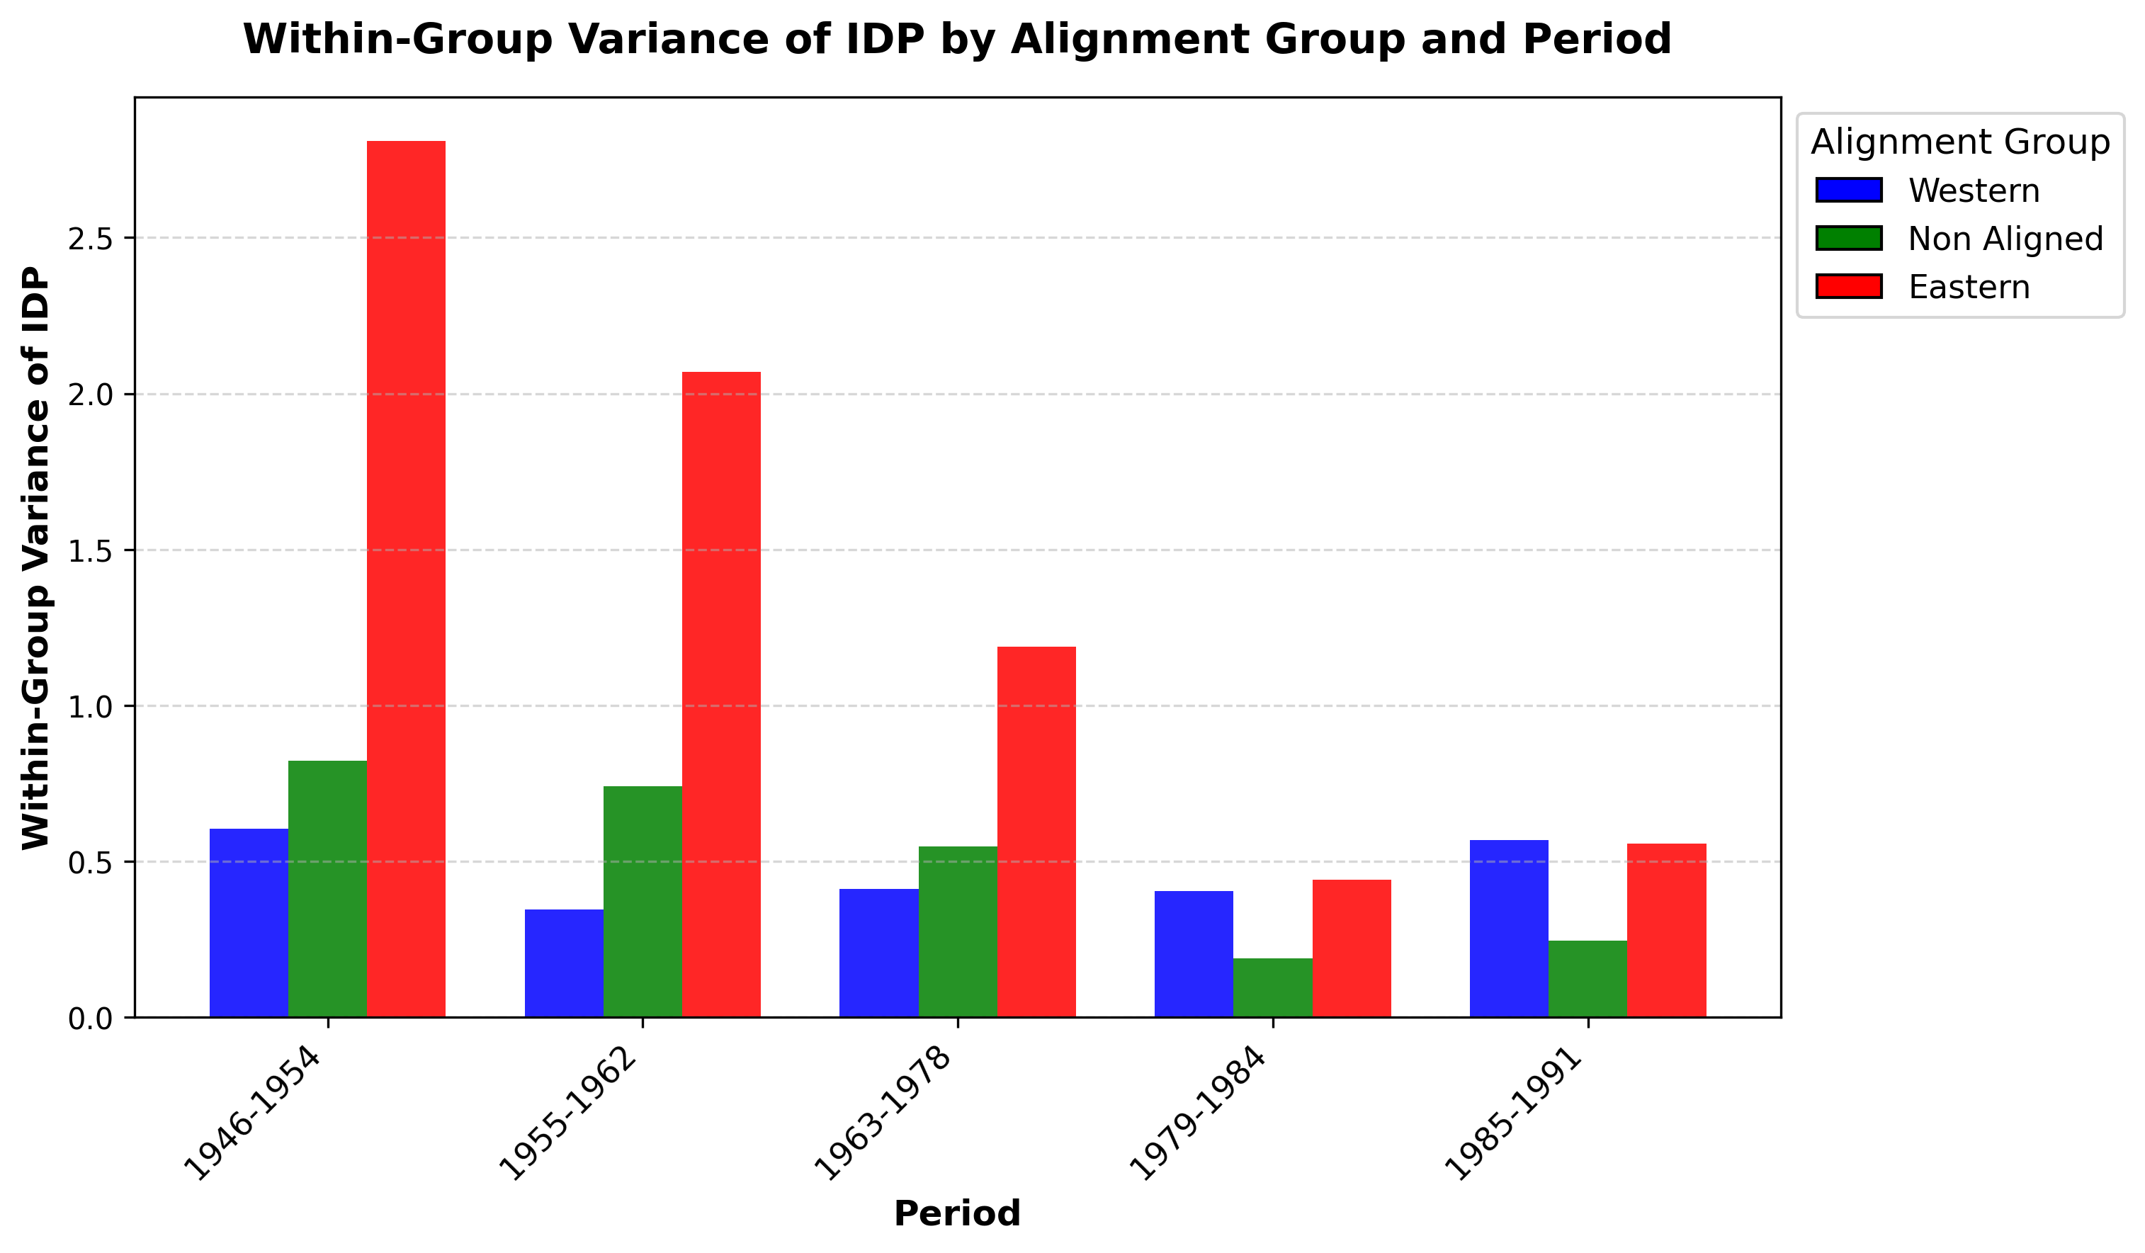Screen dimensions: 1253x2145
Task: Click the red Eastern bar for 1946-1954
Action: [x=406, y=579]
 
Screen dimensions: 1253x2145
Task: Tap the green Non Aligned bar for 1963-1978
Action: [x=958, y=931]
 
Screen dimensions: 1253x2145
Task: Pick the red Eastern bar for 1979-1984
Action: [x=1352, y=948]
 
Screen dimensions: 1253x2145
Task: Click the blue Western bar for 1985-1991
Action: [x=1509, y=929]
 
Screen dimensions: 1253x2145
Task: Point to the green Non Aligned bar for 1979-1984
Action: [x=1272, y=987]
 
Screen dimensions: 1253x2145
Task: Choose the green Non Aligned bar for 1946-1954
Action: [x=328, y=889]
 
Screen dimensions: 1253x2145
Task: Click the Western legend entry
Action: [x=1973, y=191]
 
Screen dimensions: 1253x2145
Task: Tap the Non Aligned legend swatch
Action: [x=1849, y=238]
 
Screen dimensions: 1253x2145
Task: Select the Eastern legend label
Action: [x=1969, y=288]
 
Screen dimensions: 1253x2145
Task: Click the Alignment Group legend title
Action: [x=1960, y=142]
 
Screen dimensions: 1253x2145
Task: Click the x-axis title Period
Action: [x=957, y=1214]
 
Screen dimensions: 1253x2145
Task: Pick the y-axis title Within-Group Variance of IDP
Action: [x=35, y=558]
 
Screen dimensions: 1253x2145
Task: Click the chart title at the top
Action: [x=957, y=40]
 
